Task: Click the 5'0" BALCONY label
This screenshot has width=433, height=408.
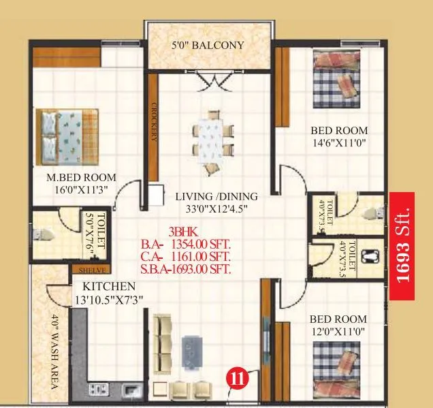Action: point(208,46)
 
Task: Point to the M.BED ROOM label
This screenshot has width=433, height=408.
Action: point(76,178)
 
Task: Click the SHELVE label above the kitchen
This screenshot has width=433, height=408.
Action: point(89,268)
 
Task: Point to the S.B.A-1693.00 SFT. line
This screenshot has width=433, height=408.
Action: point(185,269)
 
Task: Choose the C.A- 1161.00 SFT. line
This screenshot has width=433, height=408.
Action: point(185,256)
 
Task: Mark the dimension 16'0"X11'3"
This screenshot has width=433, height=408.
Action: point(76,190)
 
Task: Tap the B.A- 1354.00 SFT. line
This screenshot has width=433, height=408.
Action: point(185,244)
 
